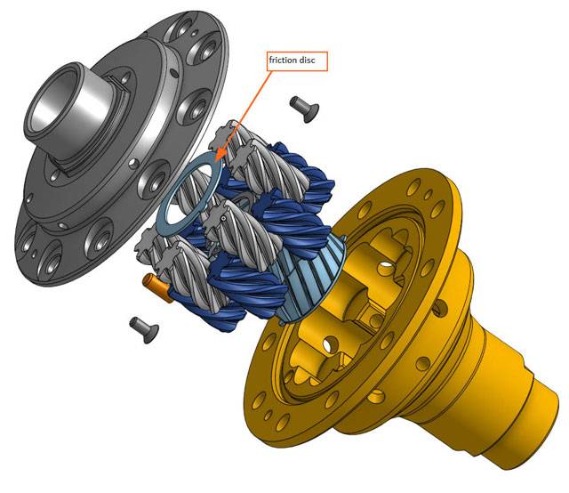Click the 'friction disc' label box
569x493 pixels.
tap(297, 61)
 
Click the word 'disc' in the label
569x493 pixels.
tap(308, 60)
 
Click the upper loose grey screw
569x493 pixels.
tap(304, 109)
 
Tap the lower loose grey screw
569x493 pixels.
tap(144, 329)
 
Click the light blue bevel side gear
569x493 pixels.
tap(309, 279)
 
